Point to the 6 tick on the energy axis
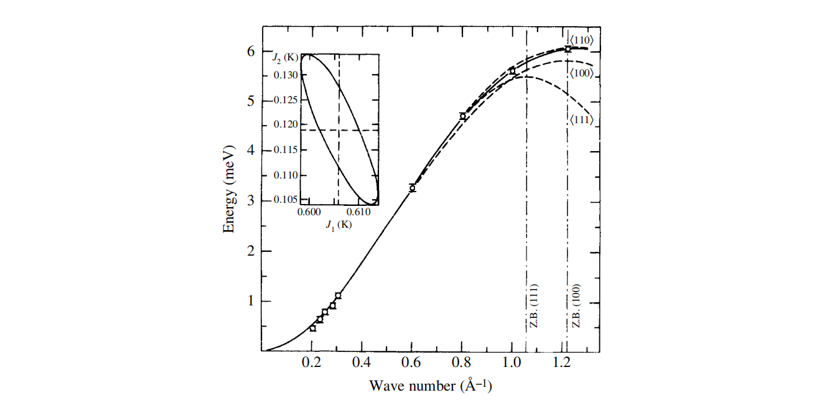(251, 51)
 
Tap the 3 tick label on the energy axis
(251, 201)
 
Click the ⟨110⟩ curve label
(581, 41)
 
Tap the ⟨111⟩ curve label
(581, 119)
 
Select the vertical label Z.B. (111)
(534, 309)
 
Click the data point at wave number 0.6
(412, 188)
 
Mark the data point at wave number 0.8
(462, 116)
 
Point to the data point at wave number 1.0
(513, 71)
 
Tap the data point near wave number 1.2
(567, 49)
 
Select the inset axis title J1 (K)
(339, 225)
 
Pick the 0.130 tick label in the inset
(286, 75)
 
